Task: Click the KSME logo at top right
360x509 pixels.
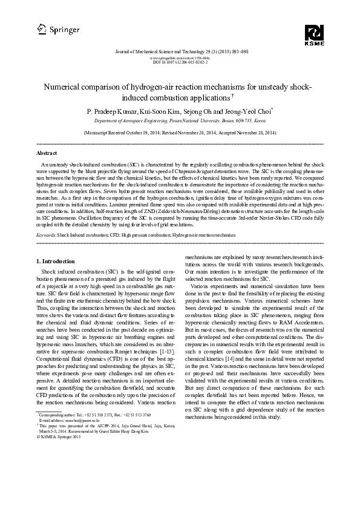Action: pos(315,35)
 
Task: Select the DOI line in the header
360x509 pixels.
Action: pos(180,62)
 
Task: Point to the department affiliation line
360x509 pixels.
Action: pos(180,121)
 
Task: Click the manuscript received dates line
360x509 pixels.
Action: pos(180,132)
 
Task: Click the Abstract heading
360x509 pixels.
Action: pos(47,153)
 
